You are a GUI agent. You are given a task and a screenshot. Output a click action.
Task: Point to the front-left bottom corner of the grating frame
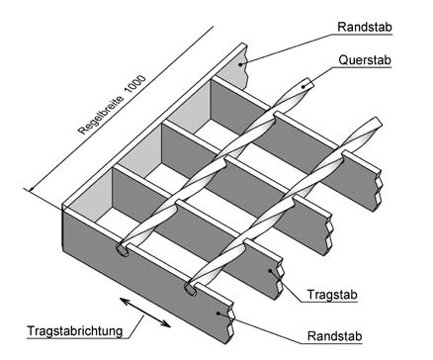tap(65, 247)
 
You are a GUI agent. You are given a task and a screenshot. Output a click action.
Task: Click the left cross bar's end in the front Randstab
tap(125, 248)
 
